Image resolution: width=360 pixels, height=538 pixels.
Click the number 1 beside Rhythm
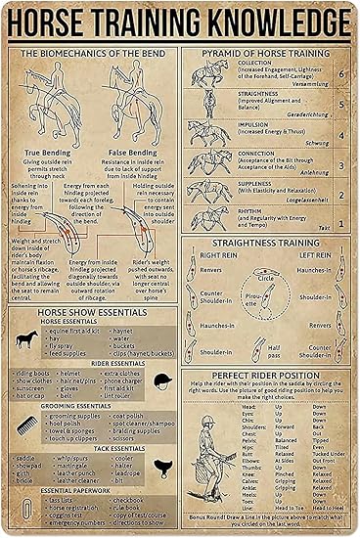tap(339, 217)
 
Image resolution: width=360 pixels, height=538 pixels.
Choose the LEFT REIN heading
tap(313, 255)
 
